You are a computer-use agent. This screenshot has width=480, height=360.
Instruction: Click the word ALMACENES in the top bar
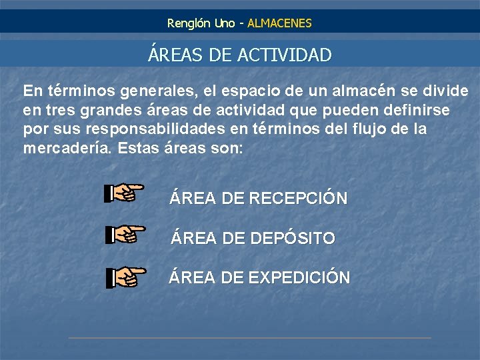coord(279,23)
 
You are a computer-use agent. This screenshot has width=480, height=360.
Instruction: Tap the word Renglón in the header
coord(189,23)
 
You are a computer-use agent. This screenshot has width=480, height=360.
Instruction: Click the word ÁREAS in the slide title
coord(175,55)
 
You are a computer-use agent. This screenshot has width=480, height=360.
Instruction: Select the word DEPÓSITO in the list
coord(292,238)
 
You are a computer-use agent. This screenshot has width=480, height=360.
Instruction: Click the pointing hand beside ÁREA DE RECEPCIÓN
coord(125,193)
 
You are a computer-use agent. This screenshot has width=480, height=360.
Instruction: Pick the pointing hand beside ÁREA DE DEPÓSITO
coord(125,234)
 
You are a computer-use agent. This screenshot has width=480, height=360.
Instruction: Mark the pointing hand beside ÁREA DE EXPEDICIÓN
coord(125,277)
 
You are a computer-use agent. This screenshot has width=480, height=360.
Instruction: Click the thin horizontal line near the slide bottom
coord(249,338)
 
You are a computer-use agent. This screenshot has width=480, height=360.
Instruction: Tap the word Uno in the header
coord(225,23)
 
